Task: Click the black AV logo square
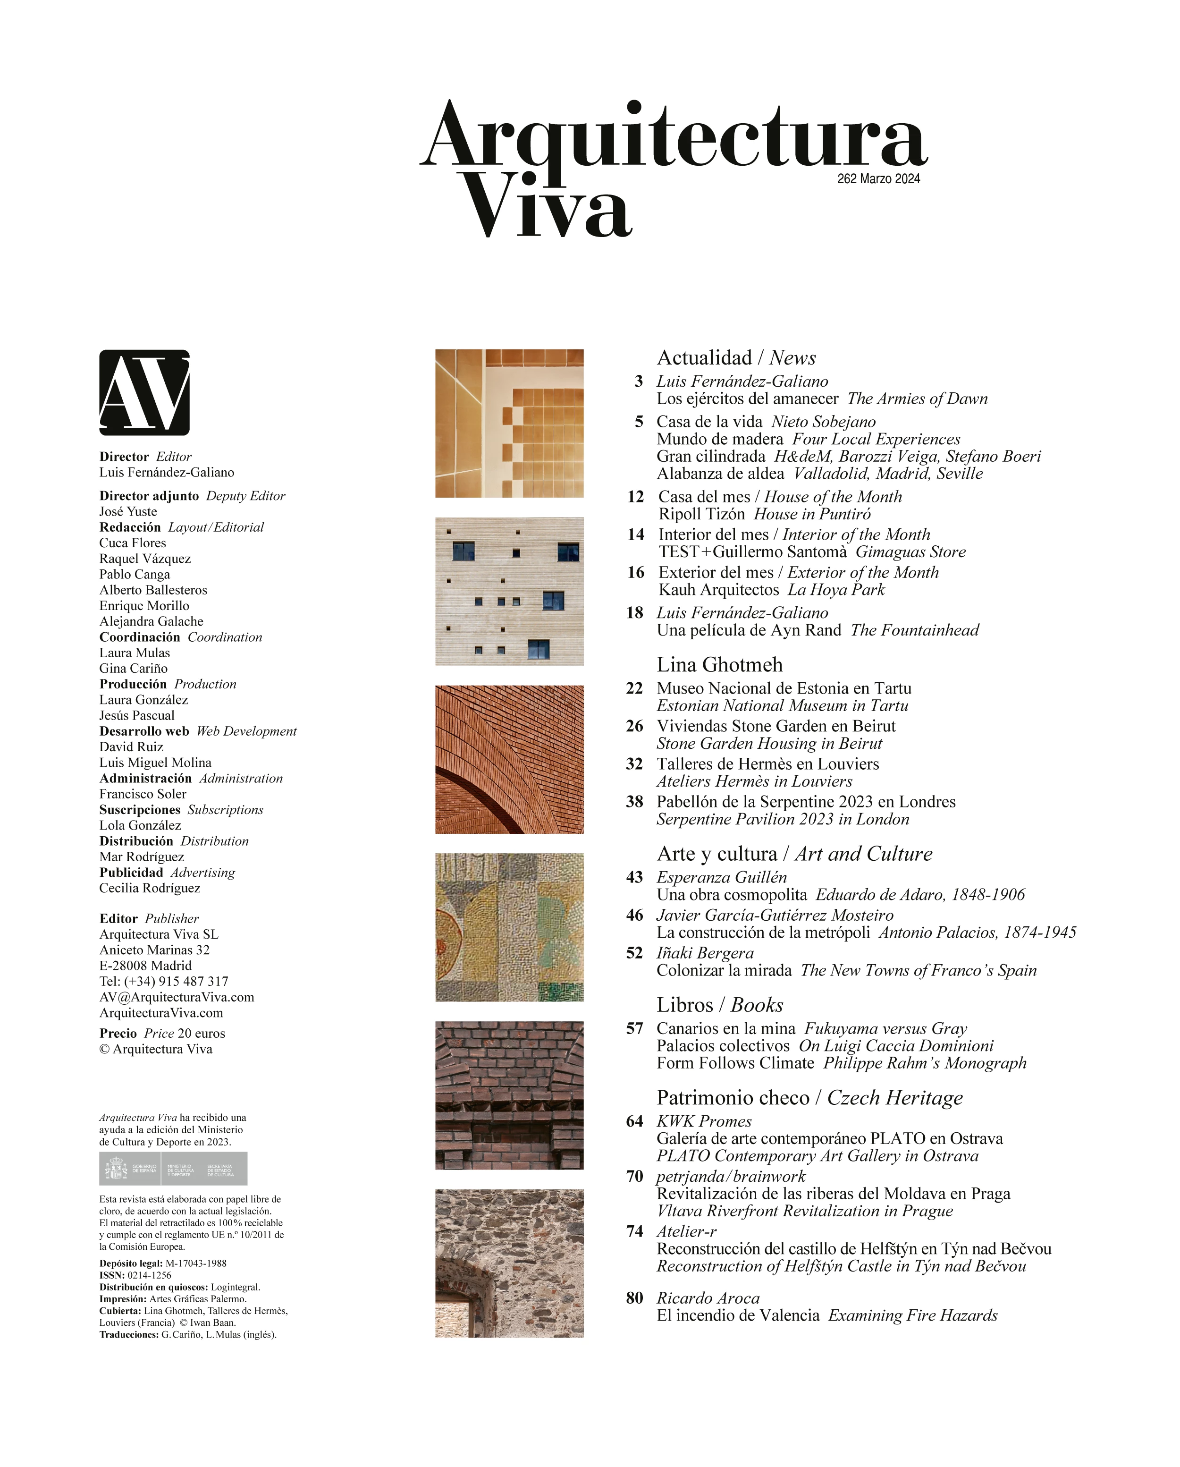tap(144, 393)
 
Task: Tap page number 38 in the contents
tap(634, 802)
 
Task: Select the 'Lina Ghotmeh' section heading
tap(719, 665)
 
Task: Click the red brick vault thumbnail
tap(509, 759)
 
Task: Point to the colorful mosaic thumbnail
tap(509, 927)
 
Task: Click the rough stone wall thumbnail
tap(509, 1263)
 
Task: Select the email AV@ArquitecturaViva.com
tap(177, 997)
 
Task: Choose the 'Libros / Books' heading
tap(719, 1005)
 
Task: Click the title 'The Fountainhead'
tap(914, 630)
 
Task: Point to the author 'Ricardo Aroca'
tap(708, 1298)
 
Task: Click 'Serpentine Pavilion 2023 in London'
tap(782, 819)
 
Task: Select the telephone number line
tap(164, 981)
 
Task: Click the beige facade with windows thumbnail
tap(509, 591)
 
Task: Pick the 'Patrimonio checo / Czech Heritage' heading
tap(809, 1097)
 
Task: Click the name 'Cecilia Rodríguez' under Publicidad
tap(150, 888)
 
